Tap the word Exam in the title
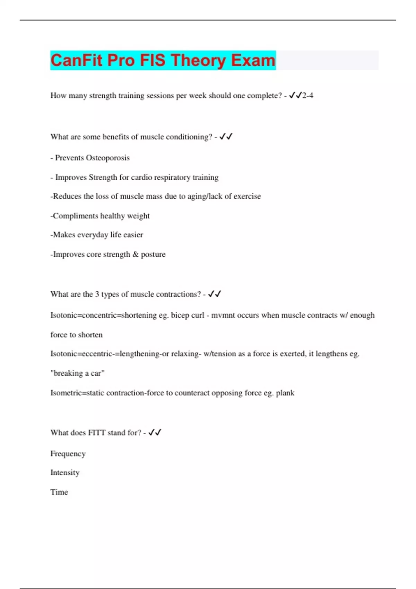pos(253,60)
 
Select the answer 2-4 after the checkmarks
pos(307,96)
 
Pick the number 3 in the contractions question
pos(97,294)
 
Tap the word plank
pos(285,393)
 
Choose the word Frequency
pos(68,454)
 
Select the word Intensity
pos(65,473)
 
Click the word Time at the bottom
pos(59,492)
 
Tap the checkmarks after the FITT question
pos(155,432)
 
